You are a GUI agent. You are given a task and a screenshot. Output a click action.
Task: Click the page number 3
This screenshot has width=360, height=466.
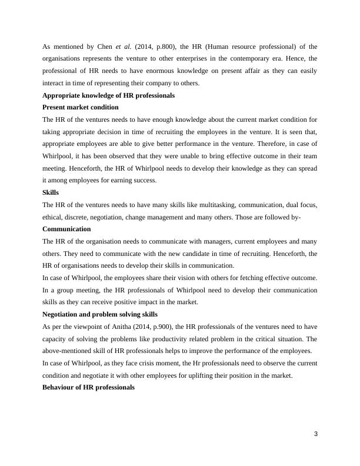(x=316, y=434)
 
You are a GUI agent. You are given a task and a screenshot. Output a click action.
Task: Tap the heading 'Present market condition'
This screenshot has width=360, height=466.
(x=81, y=107)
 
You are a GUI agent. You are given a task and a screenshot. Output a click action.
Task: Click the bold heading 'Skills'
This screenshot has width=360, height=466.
(x=51, y=192)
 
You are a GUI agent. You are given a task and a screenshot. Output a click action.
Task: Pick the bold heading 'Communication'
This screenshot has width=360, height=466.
(x=67, y=229)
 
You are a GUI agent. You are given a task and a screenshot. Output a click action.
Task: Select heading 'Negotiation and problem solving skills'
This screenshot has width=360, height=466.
(x=100, y=314)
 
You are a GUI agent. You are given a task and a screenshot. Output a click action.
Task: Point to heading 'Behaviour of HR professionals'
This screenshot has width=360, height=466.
(x=89, y=387)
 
